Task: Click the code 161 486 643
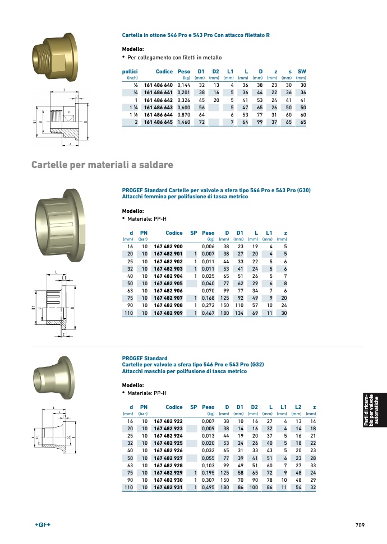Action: click(x=158, y=108)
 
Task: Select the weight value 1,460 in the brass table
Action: click(x=184, y=122)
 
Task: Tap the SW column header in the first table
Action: click(x=302, y=72)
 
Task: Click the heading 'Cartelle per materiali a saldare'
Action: click(x=102, y=165)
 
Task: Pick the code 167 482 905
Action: click(x=168, y=283)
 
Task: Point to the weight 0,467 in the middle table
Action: click(x=208, y=313)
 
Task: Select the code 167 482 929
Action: click(x=168, y=473)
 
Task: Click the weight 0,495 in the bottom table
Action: click(x=208, y=487)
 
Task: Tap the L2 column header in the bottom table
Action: click(x=298, y=407)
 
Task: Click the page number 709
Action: click(x=360, y=526)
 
